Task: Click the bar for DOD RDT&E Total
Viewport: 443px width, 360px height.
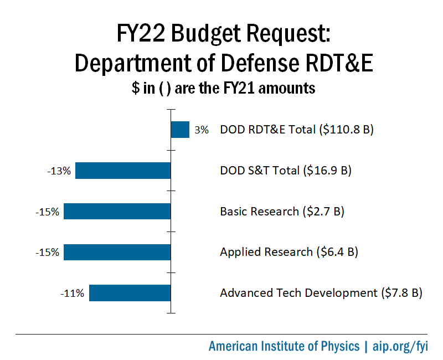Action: [180, 130]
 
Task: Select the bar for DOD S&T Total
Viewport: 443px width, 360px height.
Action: [123, 171]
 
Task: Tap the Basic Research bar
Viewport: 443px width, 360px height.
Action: [117, 211]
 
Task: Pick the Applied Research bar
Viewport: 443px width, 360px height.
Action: [117, 252]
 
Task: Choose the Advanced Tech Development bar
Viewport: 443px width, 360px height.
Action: [130, 293]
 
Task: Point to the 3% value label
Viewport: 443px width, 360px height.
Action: [202, 130]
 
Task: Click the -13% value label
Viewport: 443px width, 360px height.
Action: [59, 171]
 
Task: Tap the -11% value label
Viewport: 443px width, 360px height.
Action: [73, 294]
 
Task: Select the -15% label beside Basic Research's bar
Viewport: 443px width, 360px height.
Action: [48, 212]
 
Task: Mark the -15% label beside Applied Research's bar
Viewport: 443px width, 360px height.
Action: [48, 253]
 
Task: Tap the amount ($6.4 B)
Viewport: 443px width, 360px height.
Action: [337, 252]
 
